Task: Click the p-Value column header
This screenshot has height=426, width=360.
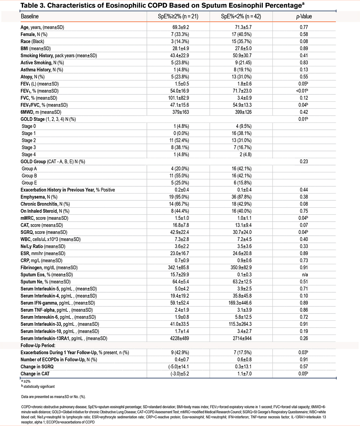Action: (x=303, y=17)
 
